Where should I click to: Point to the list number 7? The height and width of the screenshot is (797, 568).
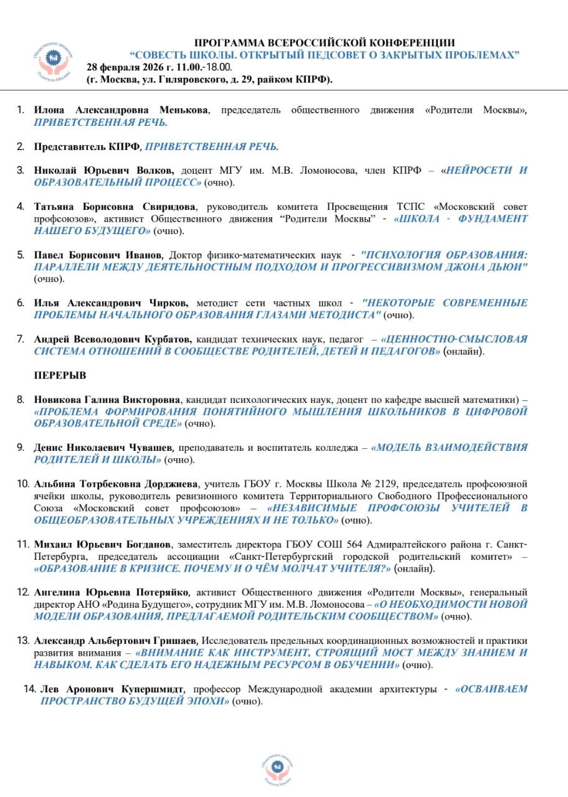pos(21,339)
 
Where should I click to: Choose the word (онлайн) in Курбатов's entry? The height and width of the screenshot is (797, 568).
pos(463,351)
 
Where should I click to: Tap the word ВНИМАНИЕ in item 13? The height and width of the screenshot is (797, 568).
pos(168,653)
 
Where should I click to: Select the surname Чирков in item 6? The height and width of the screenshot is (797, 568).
pos(168,303)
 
